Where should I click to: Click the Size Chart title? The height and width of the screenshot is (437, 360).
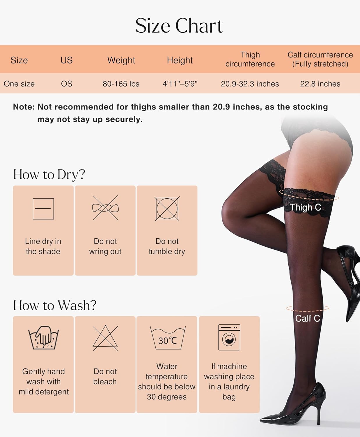179,26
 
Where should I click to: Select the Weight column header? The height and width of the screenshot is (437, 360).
121,60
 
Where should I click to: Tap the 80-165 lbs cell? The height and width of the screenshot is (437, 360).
121,84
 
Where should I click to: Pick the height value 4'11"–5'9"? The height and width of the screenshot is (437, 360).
180,84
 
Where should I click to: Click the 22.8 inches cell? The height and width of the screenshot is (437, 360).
320,84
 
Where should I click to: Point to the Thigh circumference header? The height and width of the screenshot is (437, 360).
250,59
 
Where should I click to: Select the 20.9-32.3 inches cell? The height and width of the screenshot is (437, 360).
250,84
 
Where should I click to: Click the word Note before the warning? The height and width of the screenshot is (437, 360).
24,107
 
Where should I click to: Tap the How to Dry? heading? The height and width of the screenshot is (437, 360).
49,175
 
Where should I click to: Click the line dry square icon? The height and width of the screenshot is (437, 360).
43,209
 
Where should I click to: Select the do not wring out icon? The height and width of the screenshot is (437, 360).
105,208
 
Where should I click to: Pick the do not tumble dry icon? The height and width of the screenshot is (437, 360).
167,209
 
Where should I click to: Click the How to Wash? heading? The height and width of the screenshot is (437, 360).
55,305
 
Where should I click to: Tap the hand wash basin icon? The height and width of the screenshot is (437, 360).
44,337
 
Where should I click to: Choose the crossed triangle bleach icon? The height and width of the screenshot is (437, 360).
105,338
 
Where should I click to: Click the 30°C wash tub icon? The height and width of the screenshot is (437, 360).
167,338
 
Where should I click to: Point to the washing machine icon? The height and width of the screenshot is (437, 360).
229,337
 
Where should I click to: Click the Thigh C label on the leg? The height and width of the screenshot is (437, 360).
306,207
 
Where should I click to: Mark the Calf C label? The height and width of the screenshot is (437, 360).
308,318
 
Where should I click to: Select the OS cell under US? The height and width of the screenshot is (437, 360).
66,84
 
